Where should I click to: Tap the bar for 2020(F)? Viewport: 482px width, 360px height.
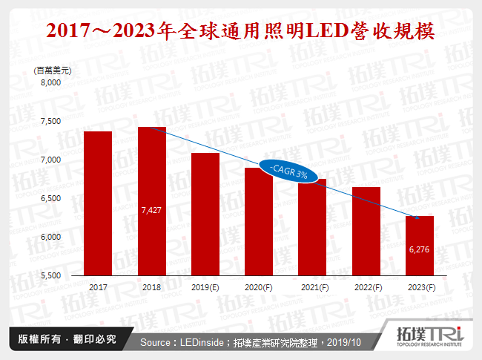click(258, 221)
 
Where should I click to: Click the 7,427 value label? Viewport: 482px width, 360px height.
click(151, 211)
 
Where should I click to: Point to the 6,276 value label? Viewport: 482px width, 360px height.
click(418, 250)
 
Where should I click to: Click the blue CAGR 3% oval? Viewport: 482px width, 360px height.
click(288, 172)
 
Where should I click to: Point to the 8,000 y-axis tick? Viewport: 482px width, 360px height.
click(50, 83)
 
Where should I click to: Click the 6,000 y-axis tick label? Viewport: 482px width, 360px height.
click(50, 236)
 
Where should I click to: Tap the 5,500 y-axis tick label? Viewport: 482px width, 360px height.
click(50, 275)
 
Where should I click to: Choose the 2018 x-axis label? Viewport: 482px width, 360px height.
click(151, 287)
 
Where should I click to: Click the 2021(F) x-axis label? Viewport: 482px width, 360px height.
click(311, 287)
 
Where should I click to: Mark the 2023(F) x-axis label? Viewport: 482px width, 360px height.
click(418, 287)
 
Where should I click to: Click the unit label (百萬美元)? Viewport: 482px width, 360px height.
click(53, 69)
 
